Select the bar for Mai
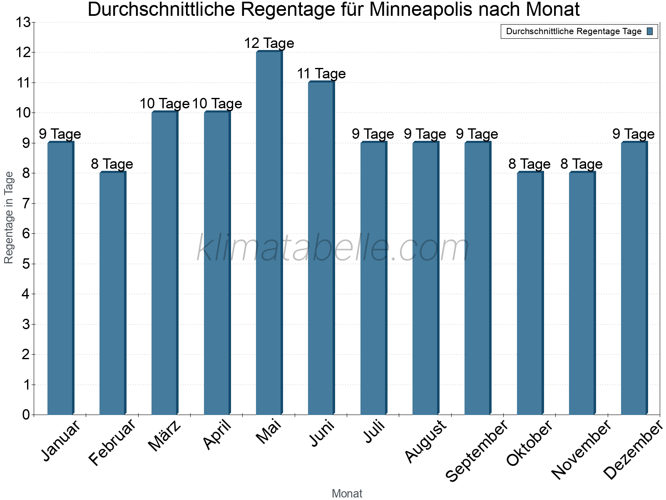269,233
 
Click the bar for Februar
112,294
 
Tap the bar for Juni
321,248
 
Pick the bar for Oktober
530,294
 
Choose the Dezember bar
634,278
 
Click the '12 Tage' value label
269,43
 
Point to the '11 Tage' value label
321,74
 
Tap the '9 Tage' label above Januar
60,134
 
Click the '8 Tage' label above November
582,164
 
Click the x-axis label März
165,436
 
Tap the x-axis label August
425,441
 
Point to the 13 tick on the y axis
23,22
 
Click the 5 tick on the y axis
26,264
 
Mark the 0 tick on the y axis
26,415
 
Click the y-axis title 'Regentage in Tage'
9,217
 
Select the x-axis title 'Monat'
347,494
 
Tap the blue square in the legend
650,31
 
